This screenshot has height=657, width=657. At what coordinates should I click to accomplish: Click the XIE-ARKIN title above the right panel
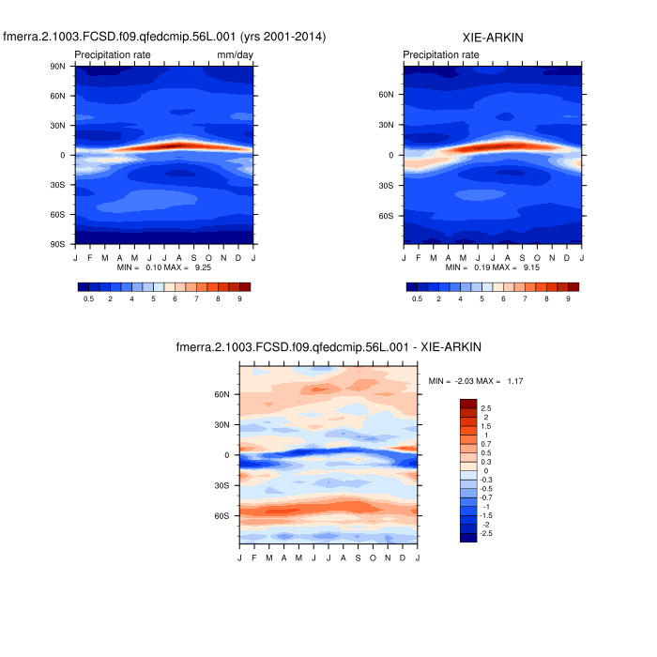494,37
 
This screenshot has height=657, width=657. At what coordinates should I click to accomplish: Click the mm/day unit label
235,55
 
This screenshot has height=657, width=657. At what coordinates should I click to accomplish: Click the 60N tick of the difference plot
222,395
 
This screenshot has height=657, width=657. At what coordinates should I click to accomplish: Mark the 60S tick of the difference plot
222,515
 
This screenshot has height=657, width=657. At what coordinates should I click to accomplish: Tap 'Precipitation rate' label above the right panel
441,55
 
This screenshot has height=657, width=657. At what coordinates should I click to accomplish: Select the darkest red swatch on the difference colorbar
468,405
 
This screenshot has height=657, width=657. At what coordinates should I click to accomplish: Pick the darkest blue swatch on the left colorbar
83,286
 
